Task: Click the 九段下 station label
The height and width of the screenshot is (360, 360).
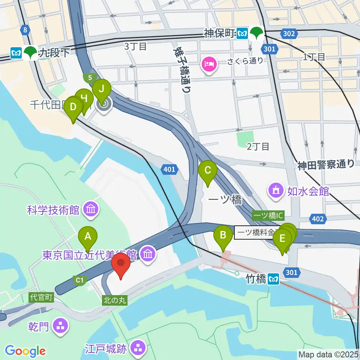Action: [54, 52]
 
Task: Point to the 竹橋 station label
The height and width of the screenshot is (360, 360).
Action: [256, 279]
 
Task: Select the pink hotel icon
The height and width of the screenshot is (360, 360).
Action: [209, 63]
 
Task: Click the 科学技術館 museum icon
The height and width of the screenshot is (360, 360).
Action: [91, 208]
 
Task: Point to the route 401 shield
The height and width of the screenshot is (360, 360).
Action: [169, 170]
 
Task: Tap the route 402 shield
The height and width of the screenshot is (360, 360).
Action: [317, 219]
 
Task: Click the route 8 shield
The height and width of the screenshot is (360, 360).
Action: [25, 30]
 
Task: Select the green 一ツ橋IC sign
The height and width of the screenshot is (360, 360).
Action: [268, 215]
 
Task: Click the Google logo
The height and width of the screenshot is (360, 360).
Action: [25, 351]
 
